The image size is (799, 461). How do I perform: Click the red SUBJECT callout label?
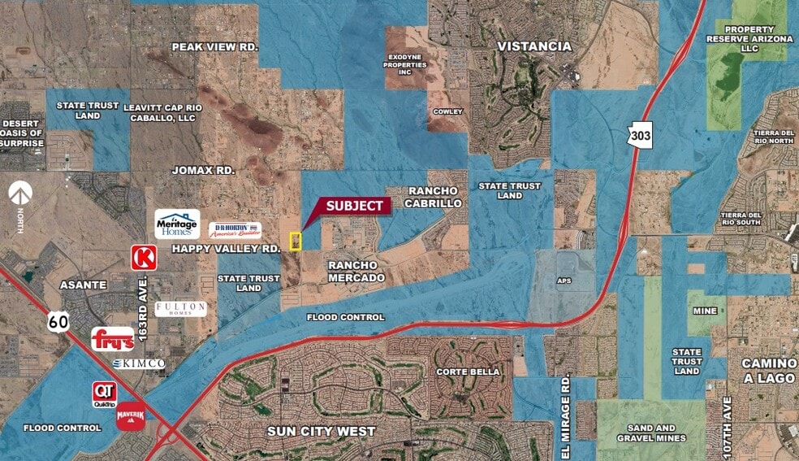[x=354, y=206]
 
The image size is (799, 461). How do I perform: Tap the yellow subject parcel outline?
[x=296, y=241]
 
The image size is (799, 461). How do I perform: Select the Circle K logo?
[x=144, y=258]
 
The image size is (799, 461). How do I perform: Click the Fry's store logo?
[x=112, y=339]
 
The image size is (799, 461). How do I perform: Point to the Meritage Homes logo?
[x=177, y=224]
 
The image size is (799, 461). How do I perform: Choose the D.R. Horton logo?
[x=235, y=230]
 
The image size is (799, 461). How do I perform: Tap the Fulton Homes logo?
[x=180, y=309]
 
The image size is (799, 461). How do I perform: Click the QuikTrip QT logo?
[x=104, y=392]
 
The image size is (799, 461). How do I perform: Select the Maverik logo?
[x=131, y=415]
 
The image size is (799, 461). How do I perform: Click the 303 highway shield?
[x=639, y=135]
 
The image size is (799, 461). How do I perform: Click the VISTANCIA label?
[x=533, y=46]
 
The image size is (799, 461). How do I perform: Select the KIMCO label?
[x=140, y=363]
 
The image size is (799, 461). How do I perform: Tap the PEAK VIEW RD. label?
[x=214, y=47]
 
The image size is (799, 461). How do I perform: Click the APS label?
[x=564, y=281]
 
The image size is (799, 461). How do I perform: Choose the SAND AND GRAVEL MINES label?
[x=651, y=433]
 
